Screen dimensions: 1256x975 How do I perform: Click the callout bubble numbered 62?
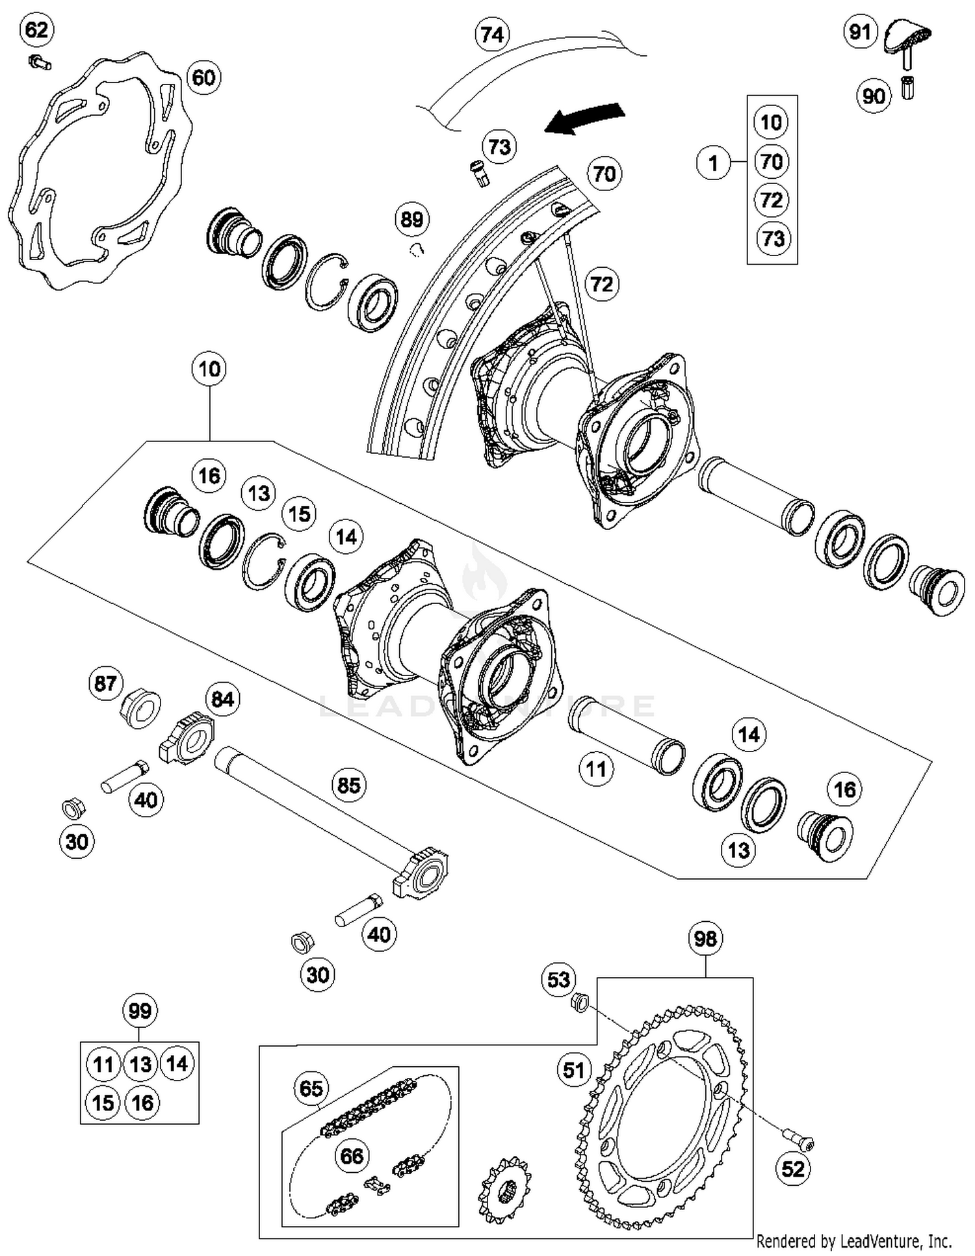click(x=36, y=30)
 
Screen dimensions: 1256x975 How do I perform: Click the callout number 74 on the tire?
click(x=492, y=34)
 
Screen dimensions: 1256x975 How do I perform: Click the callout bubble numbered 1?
click(x=713, y=163)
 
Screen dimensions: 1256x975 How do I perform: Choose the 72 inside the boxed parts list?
click(x=772, y=200)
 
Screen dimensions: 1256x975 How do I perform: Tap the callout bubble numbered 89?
click(x=412, y=219)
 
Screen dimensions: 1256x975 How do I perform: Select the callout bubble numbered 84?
click(x=222, y=700)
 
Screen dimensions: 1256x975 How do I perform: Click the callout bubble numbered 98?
click(x=705, y=939)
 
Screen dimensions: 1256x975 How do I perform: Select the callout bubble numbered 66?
click(x=352, y=1156)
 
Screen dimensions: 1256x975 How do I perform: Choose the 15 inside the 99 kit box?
click(x=103, y=1103)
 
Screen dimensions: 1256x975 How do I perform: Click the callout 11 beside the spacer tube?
click(x=595, y=770)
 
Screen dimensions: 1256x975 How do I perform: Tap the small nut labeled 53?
click(x=580, y=1002)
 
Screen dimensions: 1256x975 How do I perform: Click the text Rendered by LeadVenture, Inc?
click(x=854, y=1241)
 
